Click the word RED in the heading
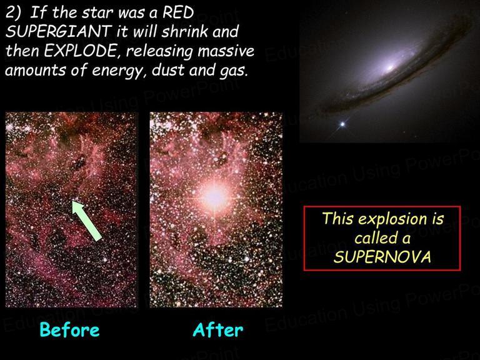(x=178, y=13)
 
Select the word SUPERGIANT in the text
(x=59, y=31)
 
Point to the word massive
(x=226, y=51)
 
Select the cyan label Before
(x=70, y=330)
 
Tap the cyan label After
(x=218, y=330)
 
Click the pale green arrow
(x=86, y=221)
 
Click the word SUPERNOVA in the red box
(x=382, y=257)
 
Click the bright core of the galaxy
(x=389, y=67)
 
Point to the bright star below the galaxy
(x=342, y=124)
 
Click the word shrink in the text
(x=181, y=31)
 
